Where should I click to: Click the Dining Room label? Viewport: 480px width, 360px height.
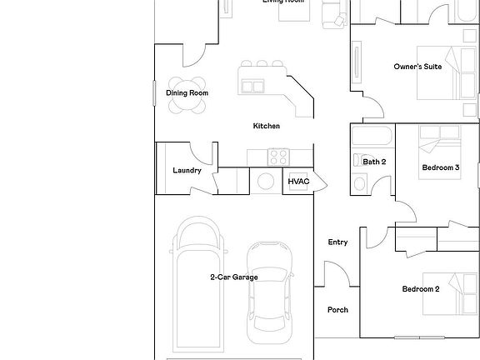pyautogui.click(x=187, y=93)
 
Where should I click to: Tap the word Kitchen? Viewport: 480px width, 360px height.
pyautogui.click(x=267, y=126)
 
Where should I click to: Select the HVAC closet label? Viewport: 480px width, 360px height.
pyautogui.click(x=298, y=182)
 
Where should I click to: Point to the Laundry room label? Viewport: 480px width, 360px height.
pyautogui.click(x=187, y=171)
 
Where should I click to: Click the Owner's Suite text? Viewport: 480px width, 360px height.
pyautogui.click(x=417, y=67)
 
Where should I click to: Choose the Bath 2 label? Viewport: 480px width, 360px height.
pyautogui.click(x=374, y=162)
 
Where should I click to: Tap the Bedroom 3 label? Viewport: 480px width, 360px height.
pyautogui.click(x=440, y=167)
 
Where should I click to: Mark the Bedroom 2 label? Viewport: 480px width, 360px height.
pyautogui.click(x=420, y=289)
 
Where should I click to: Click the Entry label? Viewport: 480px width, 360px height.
pyautogui.click(x=337, y=242)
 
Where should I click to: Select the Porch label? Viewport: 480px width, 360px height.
pyautogui.click(x=337, y=310)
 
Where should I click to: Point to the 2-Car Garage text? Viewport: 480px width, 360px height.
pyautogui.click(x=233, y=277)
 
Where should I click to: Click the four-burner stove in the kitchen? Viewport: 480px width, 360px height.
pyautogui.click(x=277, y=156)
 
